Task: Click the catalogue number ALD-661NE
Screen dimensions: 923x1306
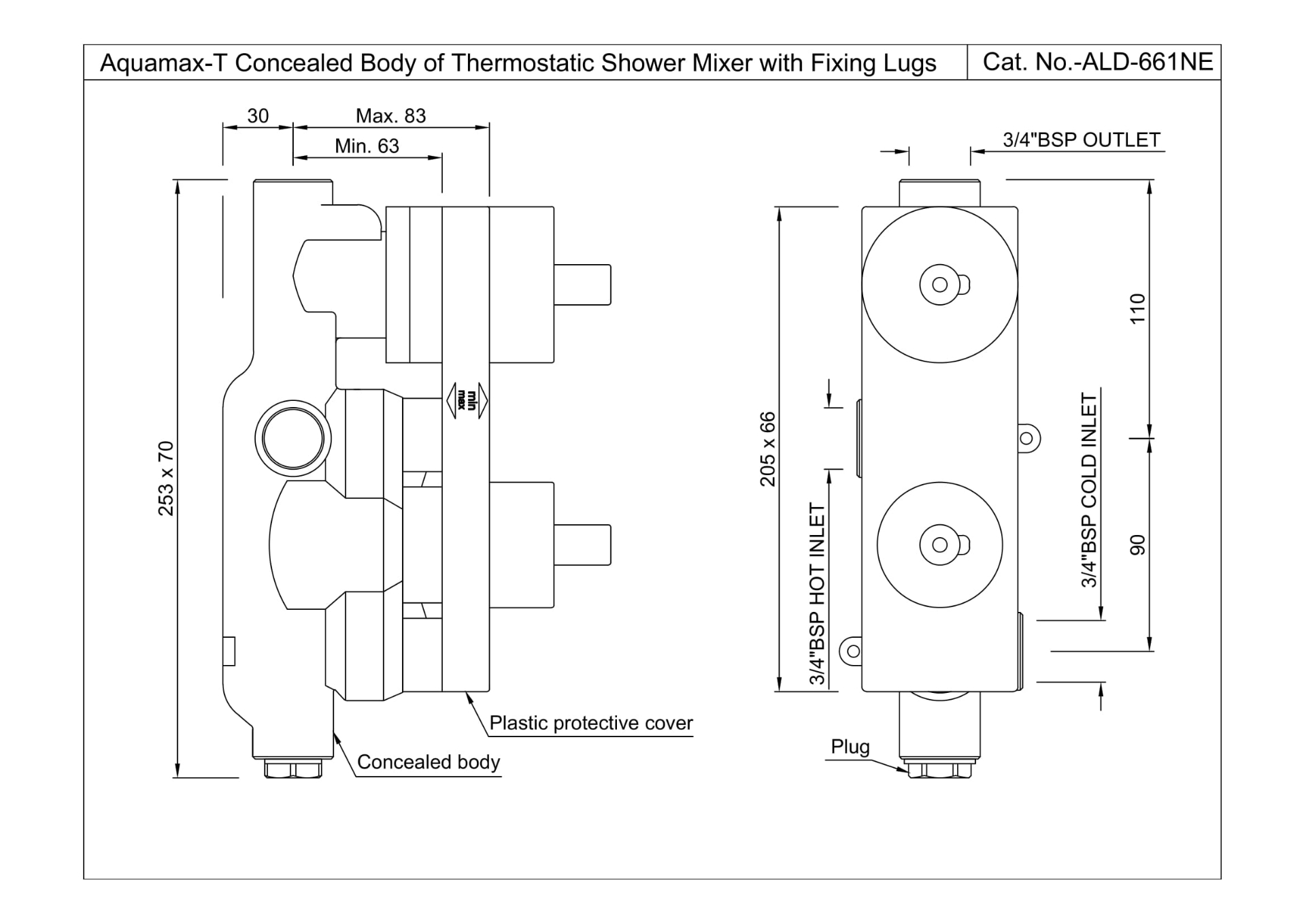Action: (1147, 63)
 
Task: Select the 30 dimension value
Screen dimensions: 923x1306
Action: (258, 116)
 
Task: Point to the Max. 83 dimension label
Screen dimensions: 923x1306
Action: (390, 116)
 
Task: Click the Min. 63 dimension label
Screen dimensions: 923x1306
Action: (367, 146)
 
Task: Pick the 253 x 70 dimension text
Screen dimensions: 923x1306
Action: (166, 479)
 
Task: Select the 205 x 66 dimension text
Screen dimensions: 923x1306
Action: (767, 449)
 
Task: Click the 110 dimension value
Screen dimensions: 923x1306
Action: (1137, 309)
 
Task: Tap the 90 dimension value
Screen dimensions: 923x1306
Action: (1137, 545)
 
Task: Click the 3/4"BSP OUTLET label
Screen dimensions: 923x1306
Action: (1081, 140)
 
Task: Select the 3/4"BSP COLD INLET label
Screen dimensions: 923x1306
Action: (1089, 490)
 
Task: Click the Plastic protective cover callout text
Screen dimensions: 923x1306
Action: (590, 723)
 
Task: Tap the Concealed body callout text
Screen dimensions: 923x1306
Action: (428, 762)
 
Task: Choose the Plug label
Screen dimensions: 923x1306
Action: (850, 747)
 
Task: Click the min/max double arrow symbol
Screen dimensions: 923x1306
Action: (467, 400)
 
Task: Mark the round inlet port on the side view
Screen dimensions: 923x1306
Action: (293, 439)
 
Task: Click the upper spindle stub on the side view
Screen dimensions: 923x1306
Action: (582, 285)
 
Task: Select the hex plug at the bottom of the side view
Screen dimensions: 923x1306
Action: (293, 769)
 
